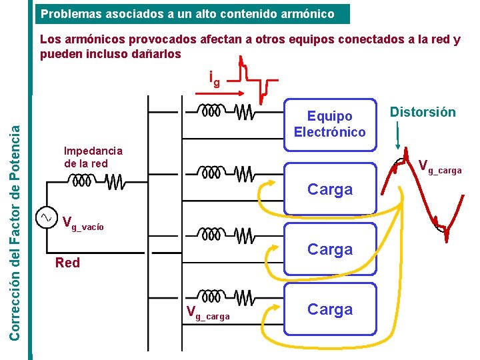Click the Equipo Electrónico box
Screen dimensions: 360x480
point(329,123)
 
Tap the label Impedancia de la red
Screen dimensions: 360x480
point(93,157)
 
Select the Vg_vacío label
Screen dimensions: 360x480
point(83,223)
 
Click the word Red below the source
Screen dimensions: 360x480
point(67,263)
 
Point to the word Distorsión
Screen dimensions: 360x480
point(423,112)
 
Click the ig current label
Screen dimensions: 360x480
point(214,79)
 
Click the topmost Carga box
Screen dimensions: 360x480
point(329,189)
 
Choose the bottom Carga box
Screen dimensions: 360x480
point(329,309)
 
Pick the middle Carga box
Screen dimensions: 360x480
point(329,249)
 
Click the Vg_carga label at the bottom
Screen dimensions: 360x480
point(208,312)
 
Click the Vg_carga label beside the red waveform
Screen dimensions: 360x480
point(439,167)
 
